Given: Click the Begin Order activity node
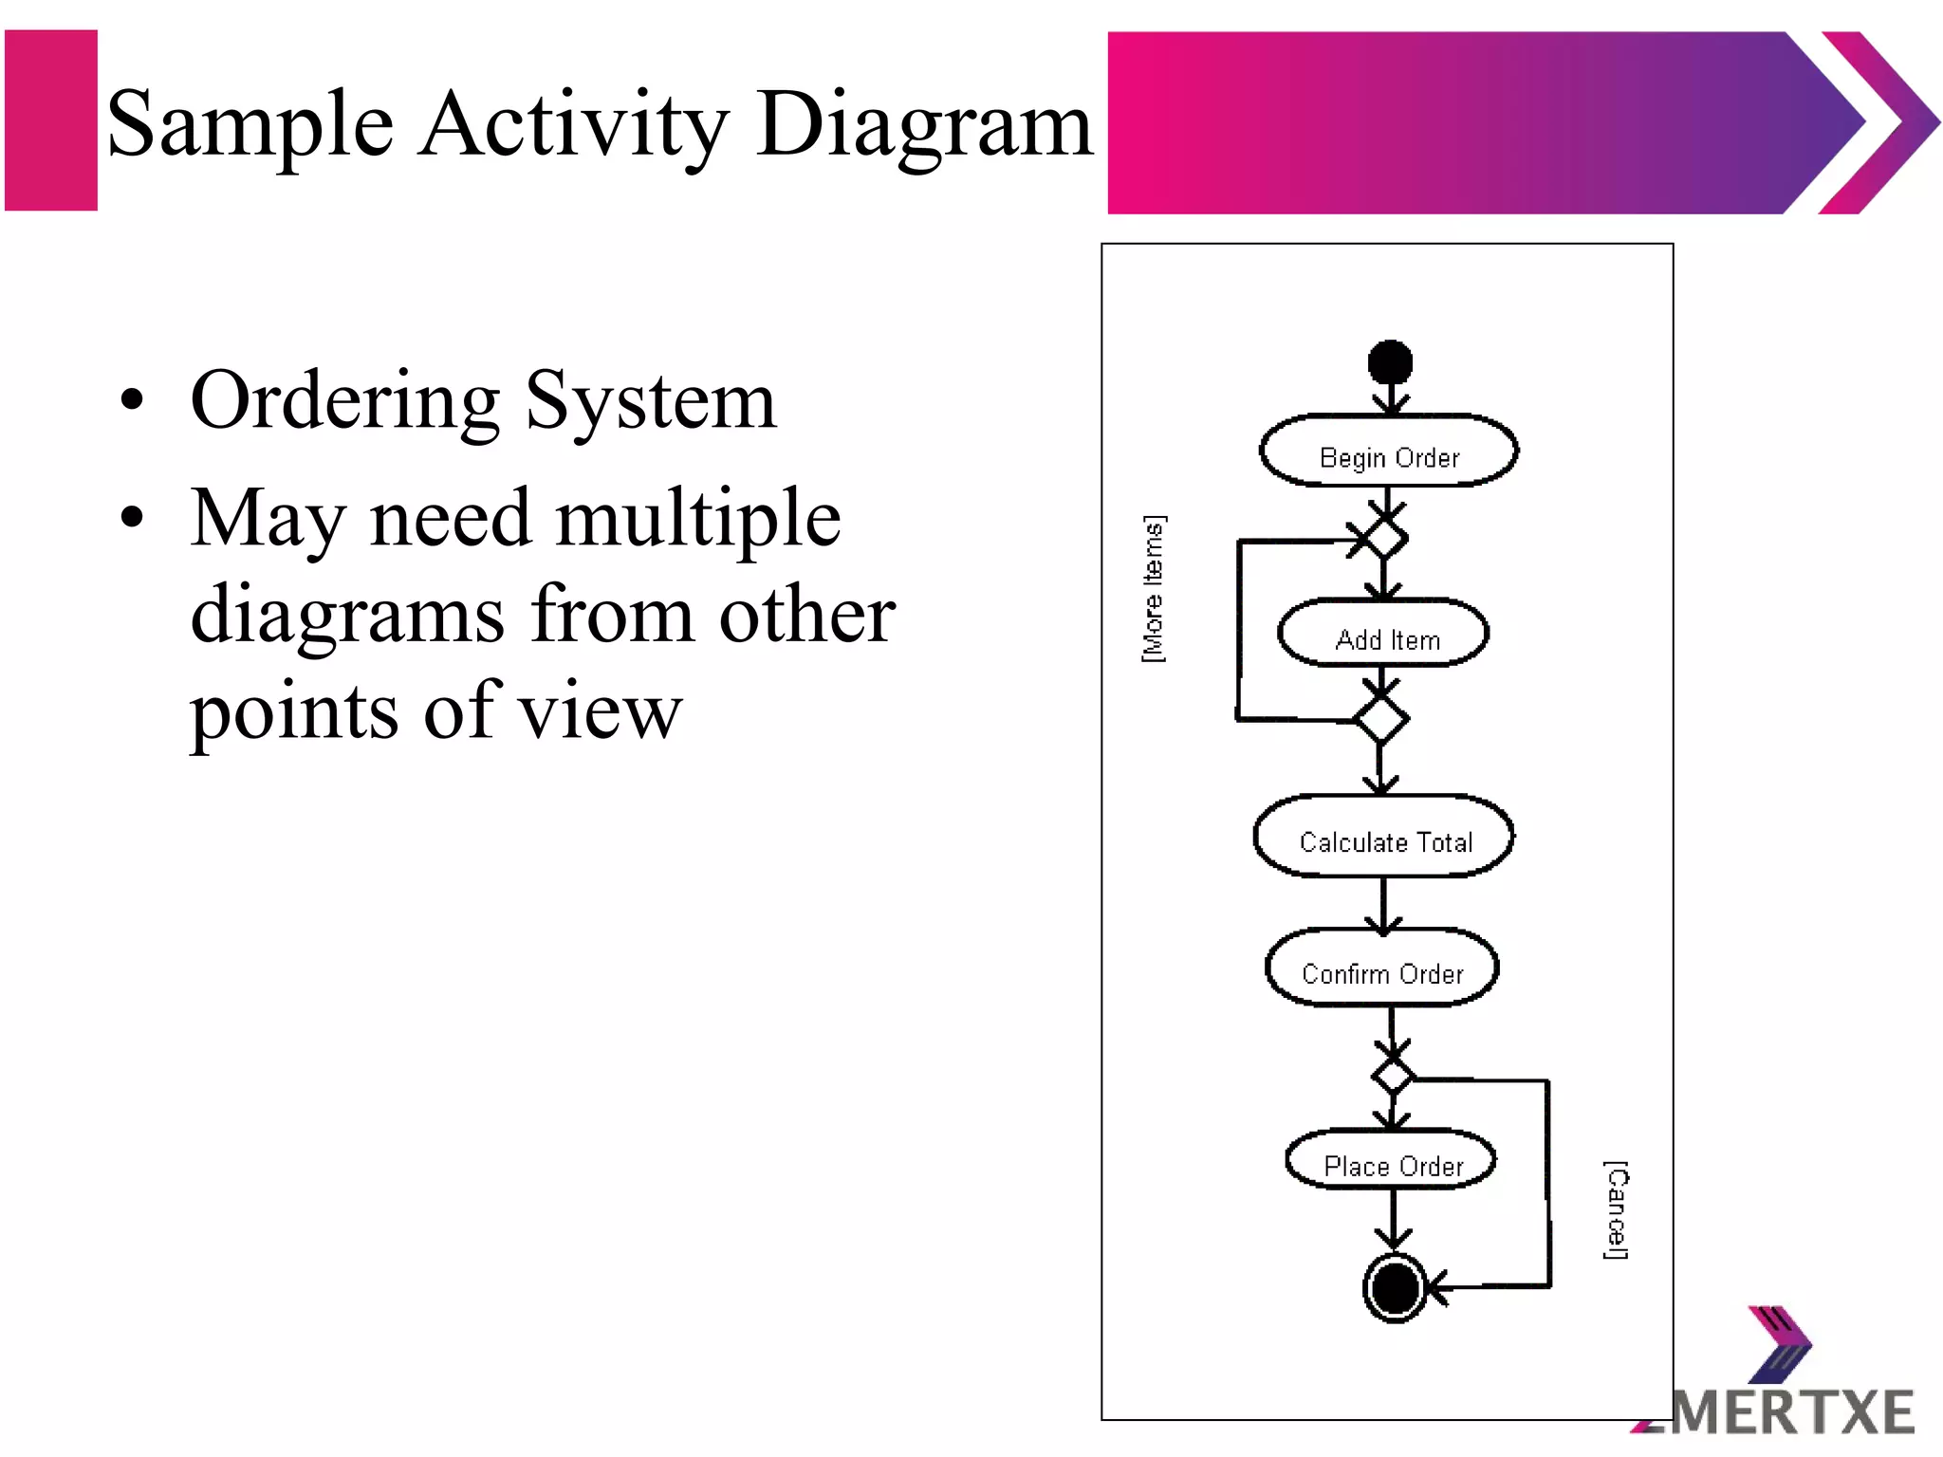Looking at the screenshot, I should tap(1389, 452).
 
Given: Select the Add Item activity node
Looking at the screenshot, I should tap(1384, 635).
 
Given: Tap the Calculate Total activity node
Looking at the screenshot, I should tap(1384, 838).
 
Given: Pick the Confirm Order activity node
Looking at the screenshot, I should tap(1382, 969).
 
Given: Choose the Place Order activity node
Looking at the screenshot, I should tap(1392, 1161).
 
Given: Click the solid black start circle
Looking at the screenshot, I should tap(1390, 362).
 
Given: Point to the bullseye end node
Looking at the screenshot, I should tap(1395, 1288).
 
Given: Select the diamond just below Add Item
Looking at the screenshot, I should tap(1381, 719).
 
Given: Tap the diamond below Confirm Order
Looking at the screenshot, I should tap(1393, 1077).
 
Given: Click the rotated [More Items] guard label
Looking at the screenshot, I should tap(1153, 589).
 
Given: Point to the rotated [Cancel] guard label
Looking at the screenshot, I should tap(1616, 1209).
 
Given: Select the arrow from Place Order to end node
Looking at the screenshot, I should tap(1393, 1219).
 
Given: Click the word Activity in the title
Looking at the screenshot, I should tap(575, 125).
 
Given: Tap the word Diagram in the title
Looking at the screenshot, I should tap(924, 125).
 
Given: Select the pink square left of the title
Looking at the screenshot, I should tap(51, 120).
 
